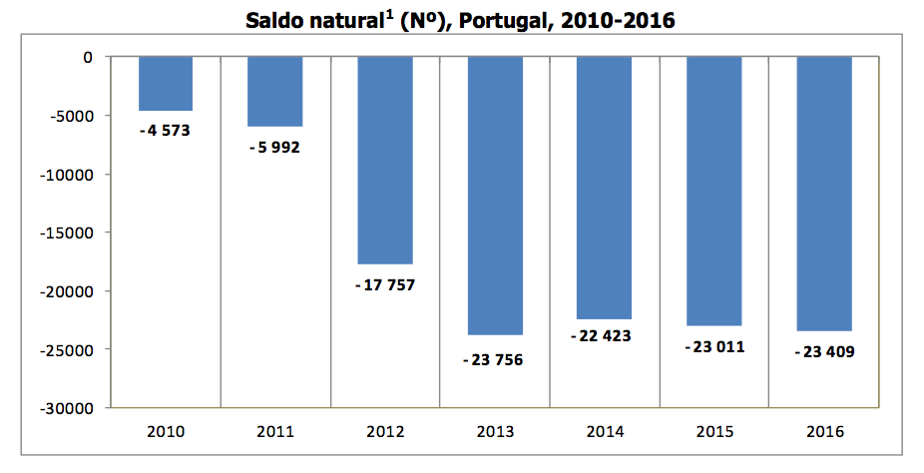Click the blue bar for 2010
(x=166, y=84)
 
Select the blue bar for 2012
(x=385, y=161)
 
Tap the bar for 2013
(x=495, y=196)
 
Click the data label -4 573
(x=166, y=130)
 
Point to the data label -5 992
(x=275, y=147)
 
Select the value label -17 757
(x=385, y=284)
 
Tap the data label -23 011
(x=714, y=347)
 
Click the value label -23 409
(x=825, y=351)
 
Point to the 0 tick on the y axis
(x=88, y=57)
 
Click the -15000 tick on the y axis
(x=67, y=233)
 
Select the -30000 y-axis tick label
(x=67, y=408)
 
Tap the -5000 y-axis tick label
(x=71, y=116)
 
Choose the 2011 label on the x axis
(x=275, y=432)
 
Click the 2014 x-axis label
(x=605, y=432)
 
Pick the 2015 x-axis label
(x=714, y=432)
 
